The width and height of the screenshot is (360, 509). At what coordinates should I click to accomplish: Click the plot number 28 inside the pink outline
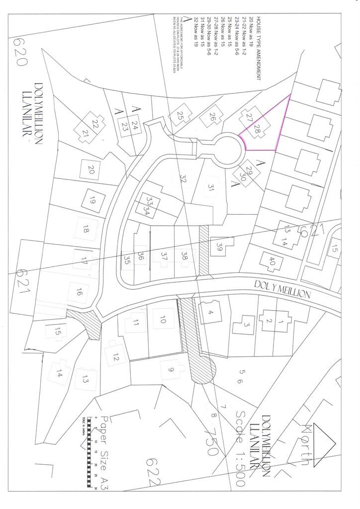258,130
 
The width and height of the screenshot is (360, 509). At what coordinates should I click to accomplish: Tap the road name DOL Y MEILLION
282,292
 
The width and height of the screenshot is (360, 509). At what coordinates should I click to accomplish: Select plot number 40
271,261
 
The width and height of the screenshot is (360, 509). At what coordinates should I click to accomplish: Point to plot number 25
180,116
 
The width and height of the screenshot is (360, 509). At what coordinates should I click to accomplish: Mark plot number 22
94,124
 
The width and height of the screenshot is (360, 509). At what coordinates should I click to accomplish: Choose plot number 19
92,201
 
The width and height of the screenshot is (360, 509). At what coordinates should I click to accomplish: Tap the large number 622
154,473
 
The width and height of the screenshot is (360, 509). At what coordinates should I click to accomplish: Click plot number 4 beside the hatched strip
211,312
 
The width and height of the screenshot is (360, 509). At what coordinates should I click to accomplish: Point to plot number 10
163,320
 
